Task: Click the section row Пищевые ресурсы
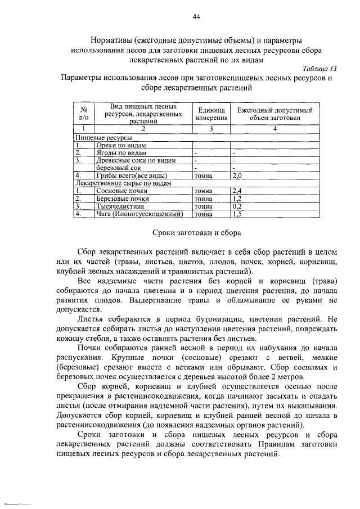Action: [x=104, y=137]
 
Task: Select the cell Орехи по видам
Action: [x=121, y=145]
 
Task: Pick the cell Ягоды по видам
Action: [x=121, y=152]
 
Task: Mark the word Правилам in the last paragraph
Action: [x=260, y=445]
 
